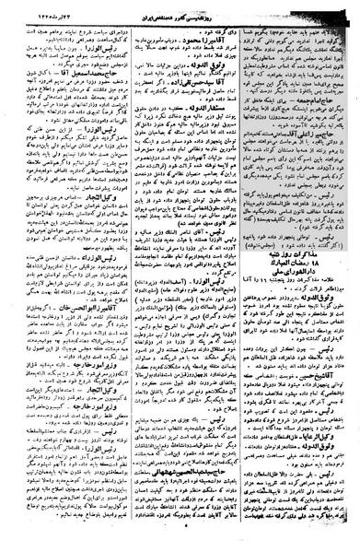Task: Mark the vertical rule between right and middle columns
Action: tap(238, 276)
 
